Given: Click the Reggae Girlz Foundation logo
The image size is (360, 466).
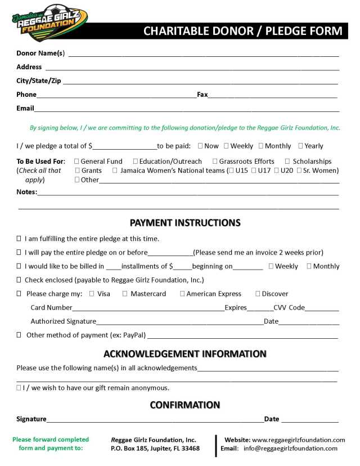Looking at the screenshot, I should pos(49,23).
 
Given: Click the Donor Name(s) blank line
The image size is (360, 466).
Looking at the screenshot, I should pos(202,55).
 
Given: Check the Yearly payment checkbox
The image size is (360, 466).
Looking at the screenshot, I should pos(300,146).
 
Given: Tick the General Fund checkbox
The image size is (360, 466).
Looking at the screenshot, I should pos(76,162).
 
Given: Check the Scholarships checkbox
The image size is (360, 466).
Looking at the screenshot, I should pos(287,162).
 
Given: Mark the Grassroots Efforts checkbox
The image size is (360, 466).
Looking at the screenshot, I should pos(215,162).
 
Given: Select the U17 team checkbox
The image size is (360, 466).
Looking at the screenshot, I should pos(254,171).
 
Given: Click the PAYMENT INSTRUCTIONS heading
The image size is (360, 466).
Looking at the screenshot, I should pos(185,223).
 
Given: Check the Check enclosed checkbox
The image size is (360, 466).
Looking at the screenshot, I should pos(19,280).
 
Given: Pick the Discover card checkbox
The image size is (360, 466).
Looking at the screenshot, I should pos(258,294).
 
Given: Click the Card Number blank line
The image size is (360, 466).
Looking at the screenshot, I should pos(148,309).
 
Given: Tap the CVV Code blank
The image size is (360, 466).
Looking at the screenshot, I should pos(322,309).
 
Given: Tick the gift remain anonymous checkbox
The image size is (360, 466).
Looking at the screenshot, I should pos(19,388).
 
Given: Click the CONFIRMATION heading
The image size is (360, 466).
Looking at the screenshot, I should pos(185,405).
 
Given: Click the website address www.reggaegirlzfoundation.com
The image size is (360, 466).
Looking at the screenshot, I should pos(298,440).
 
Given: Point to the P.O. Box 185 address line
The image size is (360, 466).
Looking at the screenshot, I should pos(155,449).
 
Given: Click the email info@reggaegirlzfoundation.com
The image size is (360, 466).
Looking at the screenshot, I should pos(290,449).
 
